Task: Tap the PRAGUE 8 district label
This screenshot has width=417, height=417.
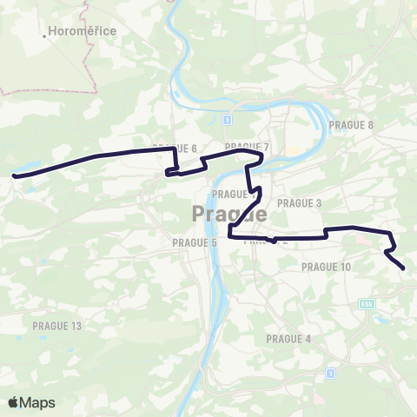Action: [x=351, y=125]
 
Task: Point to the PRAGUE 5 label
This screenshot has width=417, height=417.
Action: [x=195, y=242]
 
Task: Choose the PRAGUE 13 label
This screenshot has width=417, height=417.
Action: [x=56, y=325]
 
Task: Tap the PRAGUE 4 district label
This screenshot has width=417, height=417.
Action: [x=288, y=339]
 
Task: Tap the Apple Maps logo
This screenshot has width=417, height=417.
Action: [x=31, y=402]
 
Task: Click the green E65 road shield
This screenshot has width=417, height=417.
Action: [x=367, y=303]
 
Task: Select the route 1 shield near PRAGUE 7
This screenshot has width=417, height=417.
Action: [x=227, y=118]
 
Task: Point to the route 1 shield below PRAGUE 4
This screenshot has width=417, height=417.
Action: [x=330, y=373]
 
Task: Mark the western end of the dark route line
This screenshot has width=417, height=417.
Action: [x=15, y=175]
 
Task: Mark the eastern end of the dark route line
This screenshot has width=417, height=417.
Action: [x=404, y=268]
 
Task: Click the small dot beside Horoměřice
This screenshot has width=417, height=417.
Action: [x=44, y=36]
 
